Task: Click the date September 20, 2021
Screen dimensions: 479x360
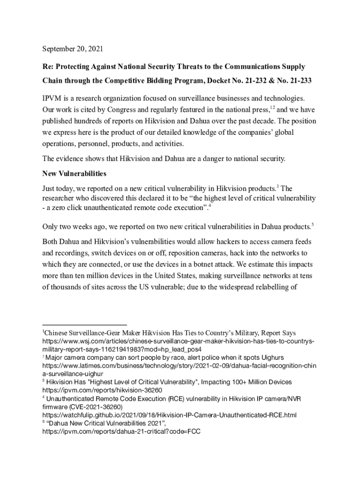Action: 73,49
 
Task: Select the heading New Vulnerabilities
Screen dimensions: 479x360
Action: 74,174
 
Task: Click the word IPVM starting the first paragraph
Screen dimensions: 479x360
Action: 52,99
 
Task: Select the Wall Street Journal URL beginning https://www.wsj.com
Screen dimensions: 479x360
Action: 178,341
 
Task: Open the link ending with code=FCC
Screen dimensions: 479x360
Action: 122,432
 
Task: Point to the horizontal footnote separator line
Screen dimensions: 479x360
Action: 85,324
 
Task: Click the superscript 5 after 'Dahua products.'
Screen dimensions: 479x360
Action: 312,225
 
